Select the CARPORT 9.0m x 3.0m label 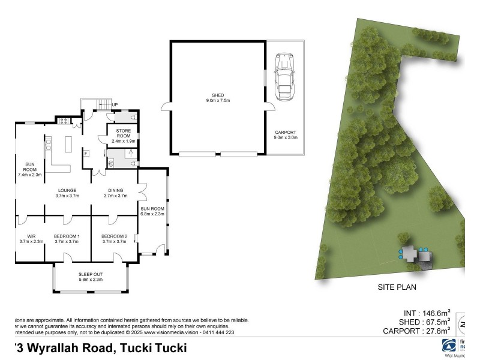(285, 134)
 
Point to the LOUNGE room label (67, 192)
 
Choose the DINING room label (116, 192)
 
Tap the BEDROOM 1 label (67, 239)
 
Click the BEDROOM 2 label (114, 239)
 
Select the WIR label (31, 239)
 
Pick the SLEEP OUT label (91, 276)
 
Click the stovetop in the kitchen (62, 121)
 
